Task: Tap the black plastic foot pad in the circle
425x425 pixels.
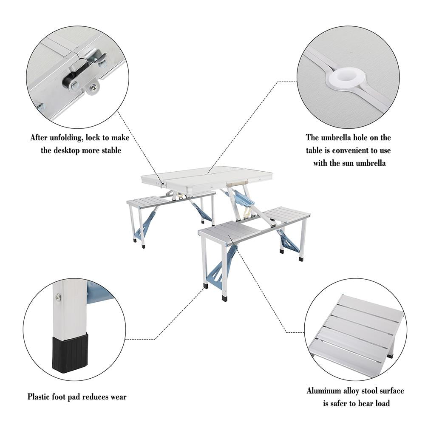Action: pyautogui.click(x=70, y=353)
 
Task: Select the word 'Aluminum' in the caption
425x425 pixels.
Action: pyautogui.click(x=325, y=391)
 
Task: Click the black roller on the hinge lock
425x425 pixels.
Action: pyautogui.click(x=68, y=82)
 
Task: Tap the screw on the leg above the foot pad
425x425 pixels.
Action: pyautogui.click(x=58, y=297)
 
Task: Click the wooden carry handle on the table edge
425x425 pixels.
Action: pyautogui.click(x=237, y=182)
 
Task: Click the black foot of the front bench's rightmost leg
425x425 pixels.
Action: pyautogui.click(x=301, y=258)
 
